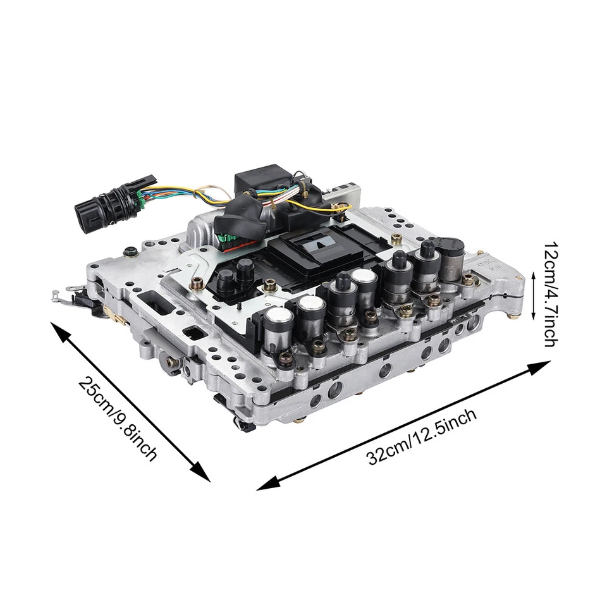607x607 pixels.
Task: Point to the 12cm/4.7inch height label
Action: (x=549, y=293)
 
